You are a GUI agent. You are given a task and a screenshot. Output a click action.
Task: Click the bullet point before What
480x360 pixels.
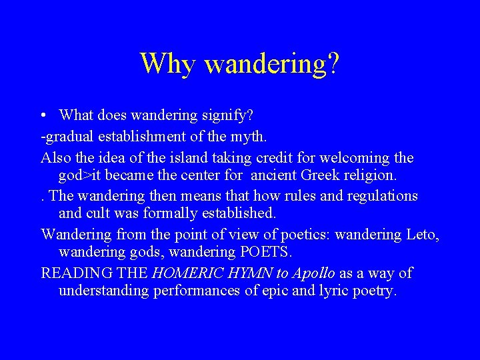pyautogui.click(x=43, y=116)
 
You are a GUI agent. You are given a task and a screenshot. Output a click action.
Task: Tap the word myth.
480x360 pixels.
pyautogui.click(x=248, y=137)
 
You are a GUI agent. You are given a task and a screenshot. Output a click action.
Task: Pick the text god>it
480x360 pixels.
pyautogui.click(x=84, y=177)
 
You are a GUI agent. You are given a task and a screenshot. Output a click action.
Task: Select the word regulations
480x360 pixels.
pyautogui.click(x=378, y=196)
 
